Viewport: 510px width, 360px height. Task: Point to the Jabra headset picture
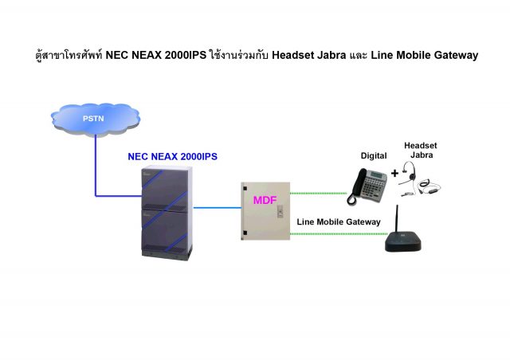coord(419,180)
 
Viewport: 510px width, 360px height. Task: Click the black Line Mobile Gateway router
coord(407,240)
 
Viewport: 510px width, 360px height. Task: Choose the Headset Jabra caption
coord(420,150)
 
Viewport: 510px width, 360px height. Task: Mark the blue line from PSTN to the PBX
coord(96,171)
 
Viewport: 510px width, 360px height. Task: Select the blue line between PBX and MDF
coord(217,207)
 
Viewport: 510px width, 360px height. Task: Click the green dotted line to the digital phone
coord(319,193)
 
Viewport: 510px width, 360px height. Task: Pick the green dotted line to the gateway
coord(335,234)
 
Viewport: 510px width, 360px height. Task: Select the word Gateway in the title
coord(451,55)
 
